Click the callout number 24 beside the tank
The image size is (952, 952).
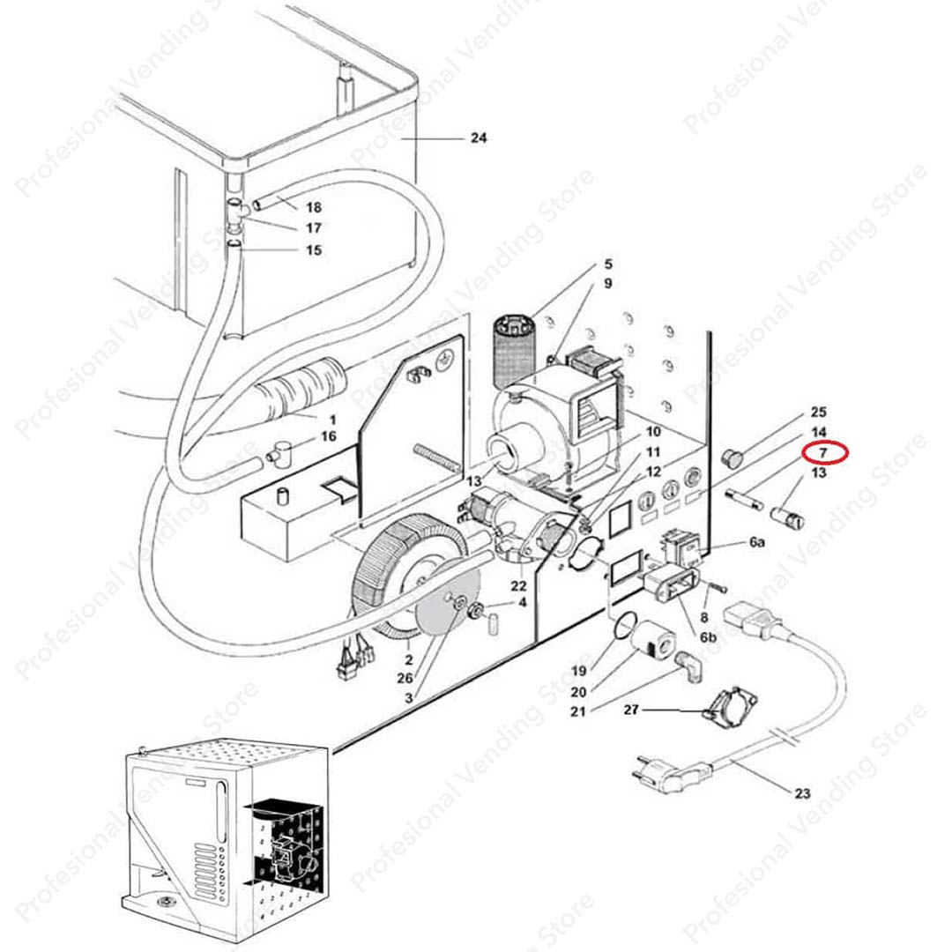point(479,138)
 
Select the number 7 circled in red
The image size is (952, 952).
point(823,452)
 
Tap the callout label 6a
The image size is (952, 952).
point(756,543)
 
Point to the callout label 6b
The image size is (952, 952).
point(708,636)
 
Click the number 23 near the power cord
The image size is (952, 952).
point(801,793)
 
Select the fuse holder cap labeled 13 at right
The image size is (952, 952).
point(787,516)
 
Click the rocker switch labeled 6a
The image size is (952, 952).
point(683,547)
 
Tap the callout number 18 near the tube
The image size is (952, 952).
point(313,208)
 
